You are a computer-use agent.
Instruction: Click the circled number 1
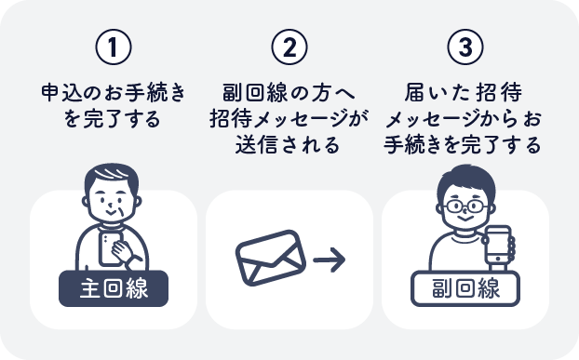coord(113,47)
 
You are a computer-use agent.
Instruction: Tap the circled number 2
coord(289,47)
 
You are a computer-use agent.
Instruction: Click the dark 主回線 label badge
coord(114,287)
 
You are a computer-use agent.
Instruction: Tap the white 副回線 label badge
coord(465,287)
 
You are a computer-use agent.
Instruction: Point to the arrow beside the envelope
coord(329,258)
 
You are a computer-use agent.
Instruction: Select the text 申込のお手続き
coord(113,93)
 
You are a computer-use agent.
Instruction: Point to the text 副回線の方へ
coord(289,93)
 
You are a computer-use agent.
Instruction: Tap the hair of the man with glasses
coord(464,180)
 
